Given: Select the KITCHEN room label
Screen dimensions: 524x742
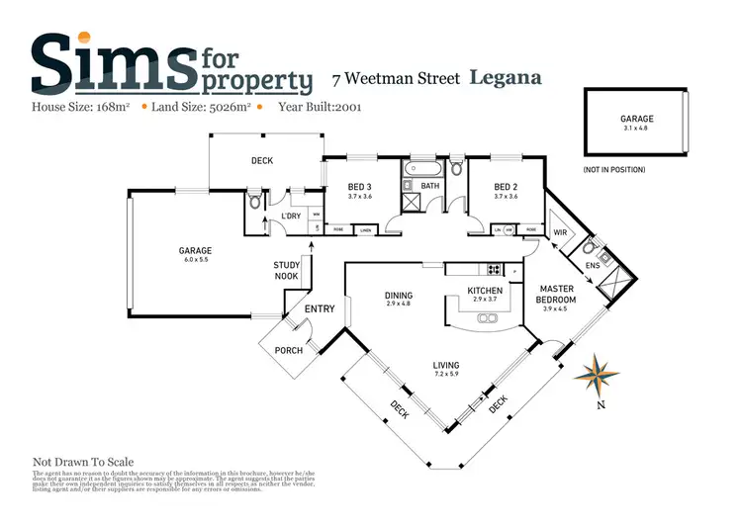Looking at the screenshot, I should point(486,290).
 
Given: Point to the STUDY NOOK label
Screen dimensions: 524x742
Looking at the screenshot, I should point(287,271).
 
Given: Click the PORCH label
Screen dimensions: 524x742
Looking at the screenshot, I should point(288,350).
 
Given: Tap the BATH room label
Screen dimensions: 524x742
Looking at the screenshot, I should point(429,185).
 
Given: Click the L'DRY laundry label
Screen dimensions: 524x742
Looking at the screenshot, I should point(291,217).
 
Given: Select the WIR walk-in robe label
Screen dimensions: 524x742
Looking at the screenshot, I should point(560,232).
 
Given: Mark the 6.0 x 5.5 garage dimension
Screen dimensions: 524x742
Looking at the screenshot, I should point(196,261).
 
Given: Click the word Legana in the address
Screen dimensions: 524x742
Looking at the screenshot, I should point(504,77).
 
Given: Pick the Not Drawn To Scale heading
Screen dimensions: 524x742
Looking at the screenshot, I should point(83,462).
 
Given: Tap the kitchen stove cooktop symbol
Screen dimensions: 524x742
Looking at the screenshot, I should point(492,269).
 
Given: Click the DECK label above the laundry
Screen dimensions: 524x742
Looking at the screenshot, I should point(261,160).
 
